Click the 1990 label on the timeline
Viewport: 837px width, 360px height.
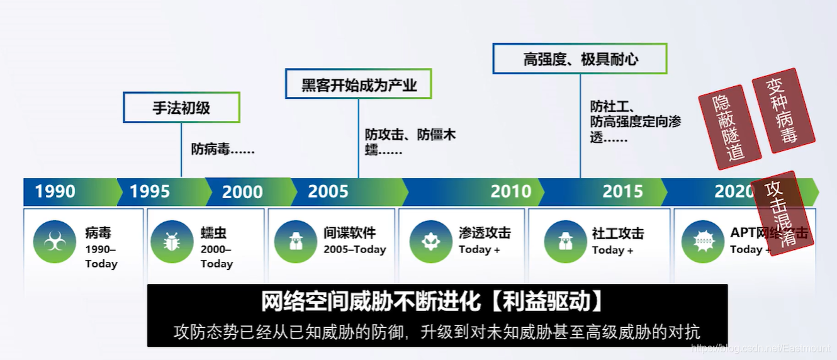(x=55, y=191)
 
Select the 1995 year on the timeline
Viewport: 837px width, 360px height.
(x=150, y=191)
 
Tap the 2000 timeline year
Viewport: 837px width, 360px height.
(x=242, y=191)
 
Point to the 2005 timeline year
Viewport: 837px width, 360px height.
(x=328, y=191)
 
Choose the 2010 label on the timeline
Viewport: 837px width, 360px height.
(x=511, y=191)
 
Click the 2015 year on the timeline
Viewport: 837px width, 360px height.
(x=623, y=191)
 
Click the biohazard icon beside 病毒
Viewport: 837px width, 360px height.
(x=55, y=242)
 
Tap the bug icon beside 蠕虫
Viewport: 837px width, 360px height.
(x=172, y=242)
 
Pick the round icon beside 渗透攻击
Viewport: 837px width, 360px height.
(x=431, y=242)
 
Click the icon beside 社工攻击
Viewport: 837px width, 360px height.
(x=566, y=242)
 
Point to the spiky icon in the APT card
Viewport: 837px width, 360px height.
(x=702, y=242)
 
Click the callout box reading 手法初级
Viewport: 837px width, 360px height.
(x=181, y=108)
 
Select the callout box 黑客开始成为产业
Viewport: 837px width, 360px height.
(x=359, y=84)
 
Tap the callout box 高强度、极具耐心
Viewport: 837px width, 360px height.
(x=580, y=59)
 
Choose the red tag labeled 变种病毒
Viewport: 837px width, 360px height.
(x=784, y=111)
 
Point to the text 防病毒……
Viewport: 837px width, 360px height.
(x=223, y=150)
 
